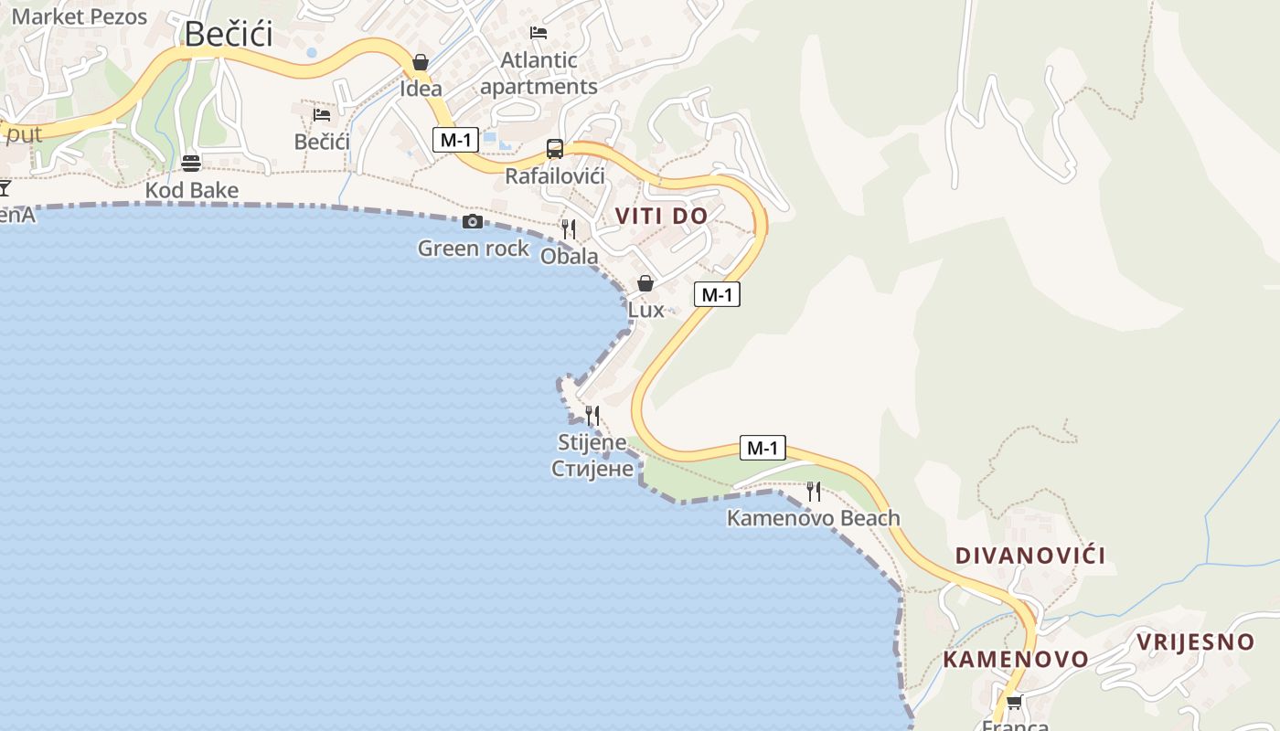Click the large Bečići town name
point(229,34)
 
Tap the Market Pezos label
point(79,16)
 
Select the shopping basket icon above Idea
point(421,62)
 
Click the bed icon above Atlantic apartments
point(539,33)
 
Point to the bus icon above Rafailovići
point(554,148)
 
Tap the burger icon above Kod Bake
point(191,164)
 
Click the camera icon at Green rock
point(473,221)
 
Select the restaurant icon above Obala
point(569,228)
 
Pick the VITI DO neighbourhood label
point(661,216)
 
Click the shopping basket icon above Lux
point(645,283)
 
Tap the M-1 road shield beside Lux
point(717,294)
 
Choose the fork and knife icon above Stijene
point(592,416)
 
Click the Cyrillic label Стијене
point(592,470)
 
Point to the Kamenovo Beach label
point(813,518)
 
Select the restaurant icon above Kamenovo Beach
point(813,492)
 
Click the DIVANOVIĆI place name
point(1030,556)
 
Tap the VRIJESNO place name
point(1195,642)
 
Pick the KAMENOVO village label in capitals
point(1016,660)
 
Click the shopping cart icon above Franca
point(1014,702)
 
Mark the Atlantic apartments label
point(539,73)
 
